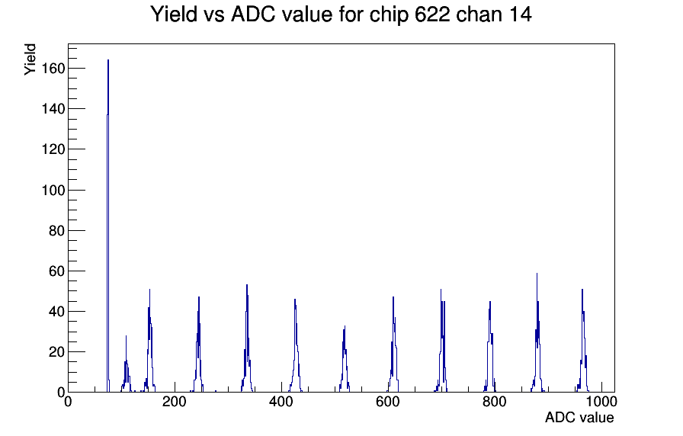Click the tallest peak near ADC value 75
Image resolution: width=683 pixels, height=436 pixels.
click(x=108, y=61)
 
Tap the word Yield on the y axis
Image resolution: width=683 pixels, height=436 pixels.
click(x=30, y=59)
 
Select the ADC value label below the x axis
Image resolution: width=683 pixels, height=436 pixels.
click(x=579, y=418)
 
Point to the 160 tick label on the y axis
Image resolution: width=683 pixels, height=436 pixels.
click(x=53, y=69)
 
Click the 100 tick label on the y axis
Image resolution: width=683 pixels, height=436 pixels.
click(x=53, y=190)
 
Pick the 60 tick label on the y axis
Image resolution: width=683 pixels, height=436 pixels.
click(x=57, y=271)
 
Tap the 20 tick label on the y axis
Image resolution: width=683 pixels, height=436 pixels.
click(x=57, y=351)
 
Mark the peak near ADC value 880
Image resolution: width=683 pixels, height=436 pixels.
click(x=537, y=274)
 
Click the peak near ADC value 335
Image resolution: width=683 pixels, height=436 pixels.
click(x=247, y=285)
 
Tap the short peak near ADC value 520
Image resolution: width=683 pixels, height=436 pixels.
click(x=345, y=327)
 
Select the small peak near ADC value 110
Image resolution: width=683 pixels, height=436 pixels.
click(x=126, y=336)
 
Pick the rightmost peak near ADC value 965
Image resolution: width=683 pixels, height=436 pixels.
click(x=582, y=290)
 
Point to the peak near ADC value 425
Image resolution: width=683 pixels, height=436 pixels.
click(x=294, y=300)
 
